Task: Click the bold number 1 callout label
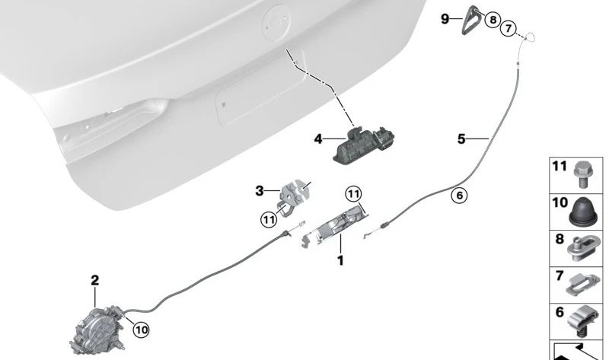point(340,260)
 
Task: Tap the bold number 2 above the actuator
point(94,280)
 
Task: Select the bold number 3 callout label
point(260,191)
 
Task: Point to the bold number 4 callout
point(318,139)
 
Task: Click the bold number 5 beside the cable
point(461,139)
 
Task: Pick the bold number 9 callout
point(445,18)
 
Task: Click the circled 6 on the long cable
point(460,195)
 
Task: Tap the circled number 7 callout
point(509,28)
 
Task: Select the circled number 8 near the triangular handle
point(493,19)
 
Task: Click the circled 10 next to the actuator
point(141,330)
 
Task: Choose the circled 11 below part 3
point(269,220)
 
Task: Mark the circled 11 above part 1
point(353,194)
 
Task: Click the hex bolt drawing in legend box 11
point(582,174)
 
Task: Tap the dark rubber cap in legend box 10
point(583,212)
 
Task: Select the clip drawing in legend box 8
point(582,248)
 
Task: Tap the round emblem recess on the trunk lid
point(277,24)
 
